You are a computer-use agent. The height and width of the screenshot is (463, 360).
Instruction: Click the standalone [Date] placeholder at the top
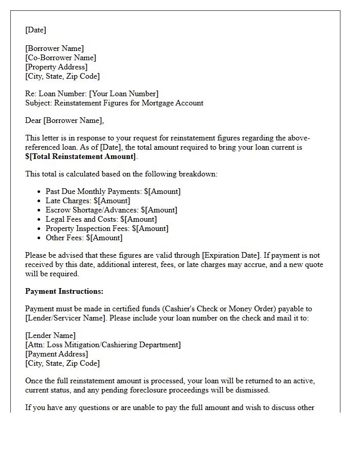(x=35, y=30)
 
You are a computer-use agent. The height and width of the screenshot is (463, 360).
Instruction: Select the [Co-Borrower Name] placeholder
(x=61, y=58)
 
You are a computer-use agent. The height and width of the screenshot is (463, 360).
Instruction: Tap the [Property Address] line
(x=56, y=67)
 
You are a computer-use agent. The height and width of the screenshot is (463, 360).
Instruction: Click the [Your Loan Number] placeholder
(x=123, y=94)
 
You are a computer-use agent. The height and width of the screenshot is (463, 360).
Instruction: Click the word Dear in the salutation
(x=33, y=120)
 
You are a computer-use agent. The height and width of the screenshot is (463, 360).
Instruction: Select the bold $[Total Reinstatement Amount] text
(x=81, y=156)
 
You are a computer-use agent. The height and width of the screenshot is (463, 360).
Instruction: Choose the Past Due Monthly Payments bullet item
(x=113, y=191)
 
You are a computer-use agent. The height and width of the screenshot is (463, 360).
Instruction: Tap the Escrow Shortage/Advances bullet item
(x=111, y=210)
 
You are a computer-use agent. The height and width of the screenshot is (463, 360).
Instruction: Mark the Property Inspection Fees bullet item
(x=107, y=228)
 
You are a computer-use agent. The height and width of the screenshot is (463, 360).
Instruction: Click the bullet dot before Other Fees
(x=39, y=238)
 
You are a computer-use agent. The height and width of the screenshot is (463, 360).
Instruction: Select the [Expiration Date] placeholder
(x=231, y=255)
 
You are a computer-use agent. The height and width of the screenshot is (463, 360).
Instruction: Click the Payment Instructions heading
(x=64, y=291)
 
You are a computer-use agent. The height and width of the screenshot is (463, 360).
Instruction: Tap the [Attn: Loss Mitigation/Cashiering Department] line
(x=103, y=345)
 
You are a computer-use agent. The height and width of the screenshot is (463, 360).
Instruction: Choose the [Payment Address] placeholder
(x=57, y=354)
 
